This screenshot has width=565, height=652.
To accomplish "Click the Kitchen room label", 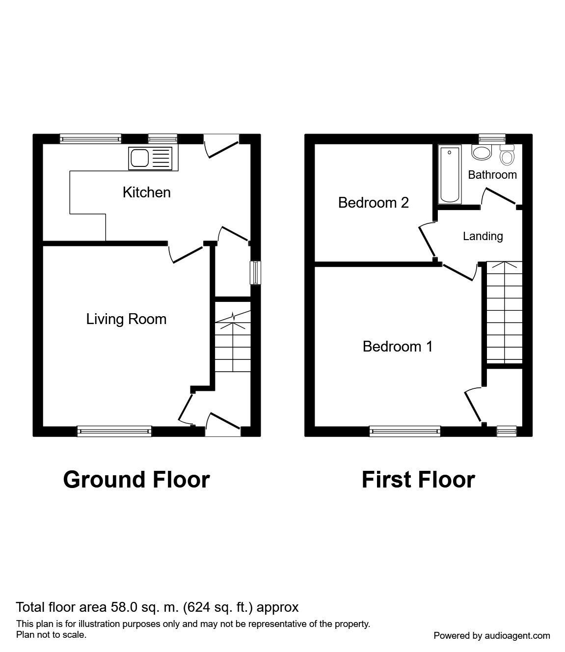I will [x=146, y=192].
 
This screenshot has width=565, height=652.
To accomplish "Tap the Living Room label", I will [x=126, y=319].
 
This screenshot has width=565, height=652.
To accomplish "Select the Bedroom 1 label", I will [x=397, y=347].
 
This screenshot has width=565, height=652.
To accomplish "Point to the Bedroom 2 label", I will [x=373, y=202].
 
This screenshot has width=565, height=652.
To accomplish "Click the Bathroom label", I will [x=492, y=175].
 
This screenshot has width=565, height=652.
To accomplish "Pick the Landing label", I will [x=483, y=236].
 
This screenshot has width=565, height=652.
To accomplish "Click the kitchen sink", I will [x=150, y=159].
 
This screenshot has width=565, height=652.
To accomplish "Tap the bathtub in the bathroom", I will [x=450, y=174].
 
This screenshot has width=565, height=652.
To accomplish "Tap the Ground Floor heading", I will [x=136, y=480].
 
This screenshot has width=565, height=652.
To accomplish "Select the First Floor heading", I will [x=418, y=480].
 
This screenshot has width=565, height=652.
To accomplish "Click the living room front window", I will [x=114, y=431].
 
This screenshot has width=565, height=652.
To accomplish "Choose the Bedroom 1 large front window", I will [x=404, y=431].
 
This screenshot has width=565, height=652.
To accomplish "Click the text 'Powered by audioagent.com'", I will [x=492, y=636].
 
